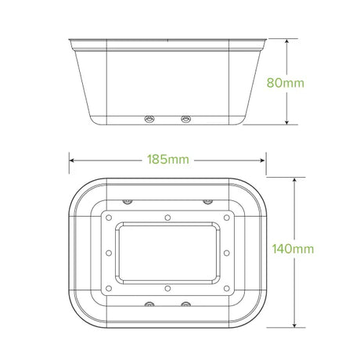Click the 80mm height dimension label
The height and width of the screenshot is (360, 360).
coord(286,83)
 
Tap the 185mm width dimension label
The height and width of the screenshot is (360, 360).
coord(168,160)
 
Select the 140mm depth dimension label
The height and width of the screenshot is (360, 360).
coord(293,249)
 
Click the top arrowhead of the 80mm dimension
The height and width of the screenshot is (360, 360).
coord(286,42)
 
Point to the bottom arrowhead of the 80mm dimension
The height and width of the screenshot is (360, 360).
coord(286,121)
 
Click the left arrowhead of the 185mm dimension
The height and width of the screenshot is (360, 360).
coord(73,160)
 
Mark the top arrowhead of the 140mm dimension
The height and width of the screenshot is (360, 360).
coord(294,182)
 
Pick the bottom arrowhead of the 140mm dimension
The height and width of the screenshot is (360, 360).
coord(294,324)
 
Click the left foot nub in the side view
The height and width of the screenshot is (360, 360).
coord(149,119)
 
